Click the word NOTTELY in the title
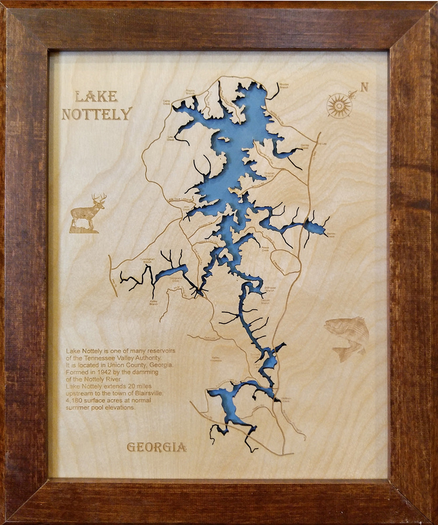coord(97,114)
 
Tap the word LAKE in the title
coord(96,96)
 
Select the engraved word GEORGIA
coord(156,447)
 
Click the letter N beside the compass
coord(364,87)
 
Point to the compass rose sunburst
coord(339,105)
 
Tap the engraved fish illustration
coord(348,337)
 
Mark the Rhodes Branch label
coord(284,86)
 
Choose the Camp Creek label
coord(167,102)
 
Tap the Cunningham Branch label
coord(147,260)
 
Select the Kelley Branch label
coord(154,302)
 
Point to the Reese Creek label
coord(265,248)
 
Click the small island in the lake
coord(223,139)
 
